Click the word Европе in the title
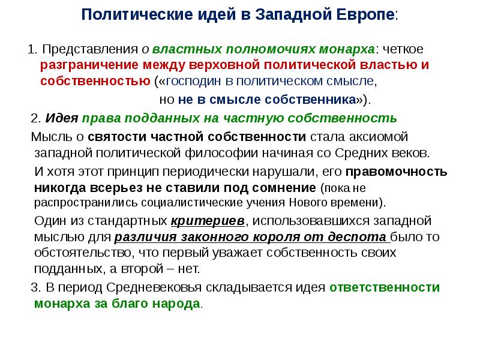pos(365,14)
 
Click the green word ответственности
pos(385,287)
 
